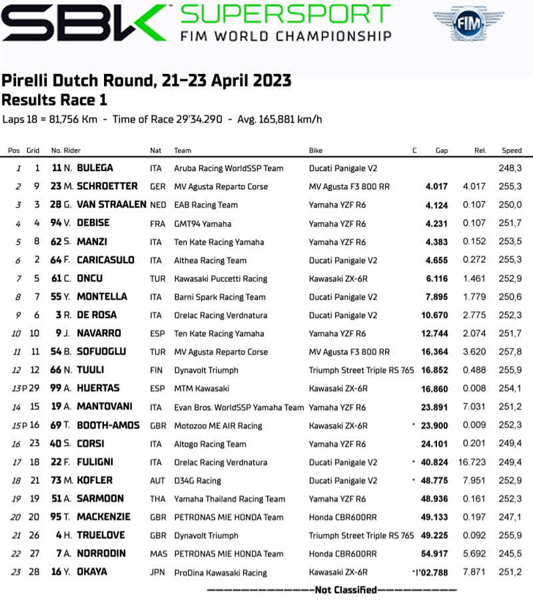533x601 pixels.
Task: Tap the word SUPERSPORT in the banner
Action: point(286,15)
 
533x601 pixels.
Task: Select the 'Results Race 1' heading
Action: point(54,100)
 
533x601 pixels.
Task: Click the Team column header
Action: point(183,150)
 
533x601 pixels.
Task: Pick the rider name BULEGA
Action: point(95,168)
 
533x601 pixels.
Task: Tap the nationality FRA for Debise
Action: point(157,224)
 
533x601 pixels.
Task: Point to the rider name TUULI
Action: point(90,370)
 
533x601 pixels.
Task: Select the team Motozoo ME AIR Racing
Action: point(218,426)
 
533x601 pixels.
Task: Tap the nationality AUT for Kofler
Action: point(157,481)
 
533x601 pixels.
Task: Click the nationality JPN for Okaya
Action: point(157,572)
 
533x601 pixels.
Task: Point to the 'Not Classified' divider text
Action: point(332,590)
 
